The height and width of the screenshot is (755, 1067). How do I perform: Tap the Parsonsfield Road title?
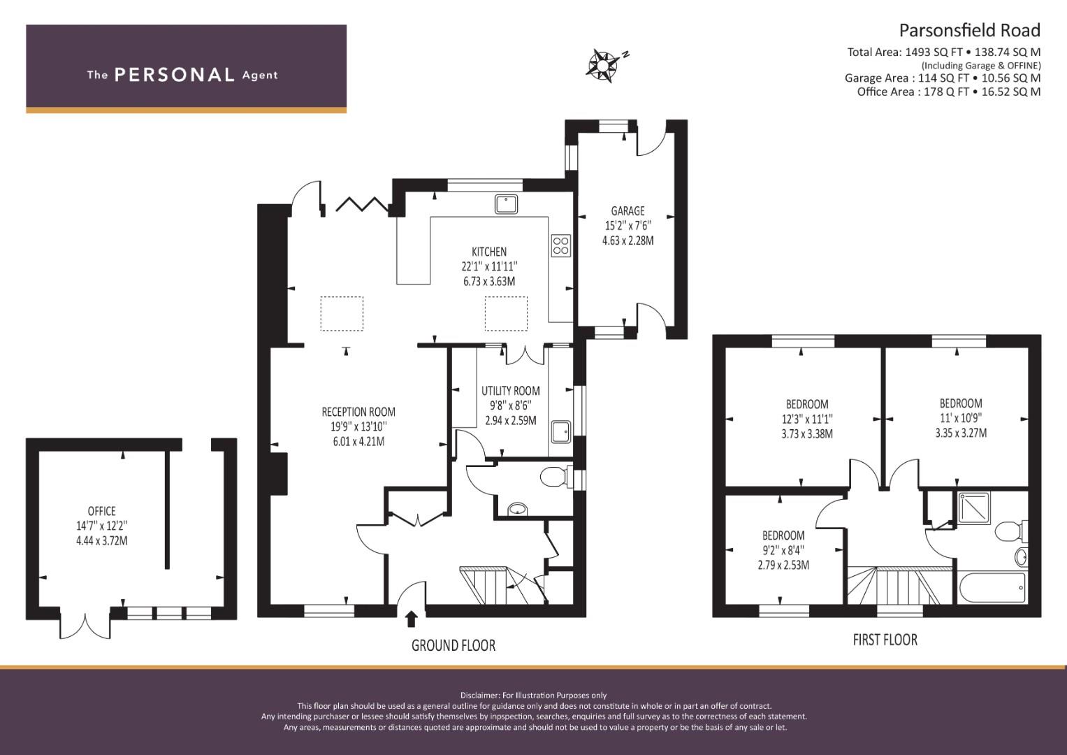pyautogui.click(x=969, y=31)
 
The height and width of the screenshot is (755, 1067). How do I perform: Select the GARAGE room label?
pyautogui.click(x=627, y=210)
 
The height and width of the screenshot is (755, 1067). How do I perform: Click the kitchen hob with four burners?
pyautogui.click(x=560, y=246)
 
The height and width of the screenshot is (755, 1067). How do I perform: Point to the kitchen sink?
pyautogui.click(x=506, y=204)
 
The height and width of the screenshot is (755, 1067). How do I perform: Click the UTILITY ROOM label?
pyautogui.click(x=511, y=391)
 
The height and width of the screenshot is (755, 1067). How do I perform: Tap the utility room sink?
pyautogui.click(x=560, y=432)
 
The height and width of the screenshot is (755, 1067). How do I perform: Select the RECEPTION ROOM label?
pyautogui.click(x=358, y=412)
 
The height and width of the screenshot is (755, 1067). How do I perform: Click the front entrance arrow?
pyautogui.click(x=411, y=619)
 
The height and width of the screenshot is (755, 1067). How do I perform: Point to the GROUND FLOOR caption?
pyautogui.click(x=453, y=645)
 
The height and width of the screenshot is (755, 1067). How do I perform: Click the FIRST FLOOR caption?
pyautogui.click(x=885, y=640)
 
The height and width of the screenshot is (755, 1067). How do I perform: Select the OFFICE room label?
pyautogui.click(x=101, y=512)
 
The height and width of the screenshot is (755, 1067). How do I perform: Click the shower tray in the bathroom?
pyautogui.click(x=973, y=508)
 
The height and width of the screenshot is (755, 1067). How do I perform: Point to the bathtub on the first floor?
pyautogui.click(x=992, y=588)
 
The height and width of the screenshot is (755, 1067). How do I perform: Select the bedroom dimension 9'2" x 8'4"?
pyautogui.click(x=783, y=551)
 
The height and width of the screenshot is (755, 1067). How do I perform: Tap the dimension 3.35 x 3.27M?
pyautogui.click(x=961, y=433)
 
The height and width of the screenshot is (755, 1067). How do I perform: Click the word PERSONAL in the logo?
pyautogui.click(x=175, y=75)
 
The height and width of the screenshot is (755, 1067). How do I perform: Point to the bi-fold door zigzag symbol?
pyautogui.click(x=363, y=203)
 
